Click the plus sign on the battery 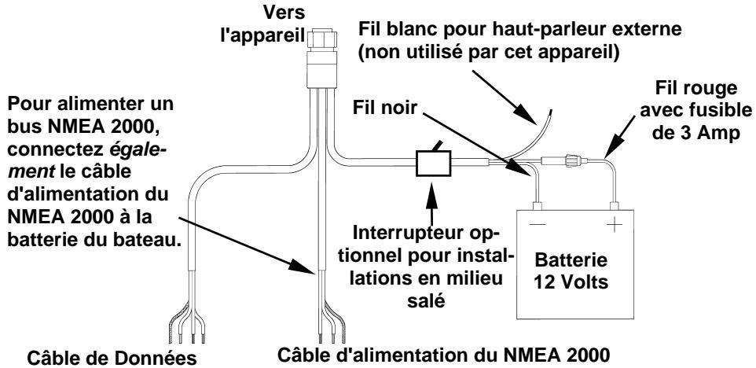coord(615,225)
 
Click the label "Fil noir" coord(384,108)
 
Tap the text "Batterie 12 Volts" coord(571,270)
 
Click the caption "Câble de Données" coord(112,359)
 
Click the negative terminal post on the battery coord(538,207)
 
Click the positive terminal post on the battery coord(615,207)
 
